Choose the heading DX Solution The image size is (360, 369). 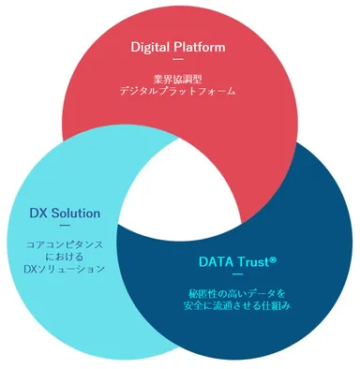pyautogui.click(x=65, y=213)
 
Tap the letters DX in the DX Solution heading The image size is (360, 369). pyautogui.click(x=38, y=213)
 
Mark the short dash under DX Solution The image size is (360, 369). pyautogui.click(x=65, y=227)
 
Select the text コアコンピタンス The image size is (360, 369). pyautogui.click(x=65, y=244)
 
